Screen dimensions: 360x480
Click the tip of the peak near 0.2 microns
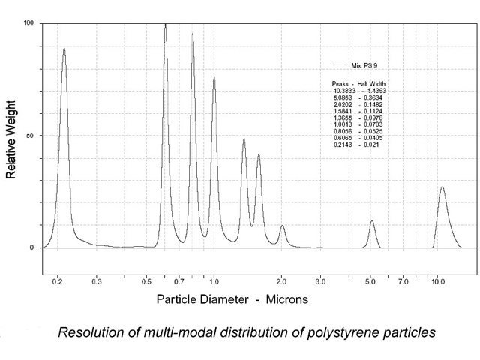pyautogui.click(x=64, y=49)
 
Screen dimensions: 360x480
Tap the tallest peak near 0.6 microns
pyautogui.click(x=166, y=25)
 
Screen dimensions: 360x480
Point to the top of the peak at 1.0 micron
pyautogui.click(x=214, y=77)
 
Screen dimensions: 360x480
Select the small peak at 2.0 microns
pyautogui.click(x=282, y=226)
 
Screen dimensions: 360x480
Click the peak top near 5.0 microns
pyautogui.click(x=372, y=221)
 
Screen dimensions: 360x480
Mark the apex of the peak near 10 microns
pyautogui.click(x=442, y=187)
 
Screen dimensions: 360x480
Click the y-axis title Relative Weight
pyautogui.click(x=11, y=136)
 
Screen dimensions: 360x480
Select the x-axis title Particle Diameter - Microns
pyautogui.click(x=232, y=298)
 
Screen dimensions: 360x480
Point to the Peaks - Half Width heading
pyautogui.click(x=358, y=83)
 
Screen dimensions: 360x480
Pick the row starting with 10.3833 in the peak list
pyautogui.click(x=358, y=90)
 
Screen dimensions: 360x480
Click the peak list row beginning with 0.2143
pyautogui.click(x=358, y=145)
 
